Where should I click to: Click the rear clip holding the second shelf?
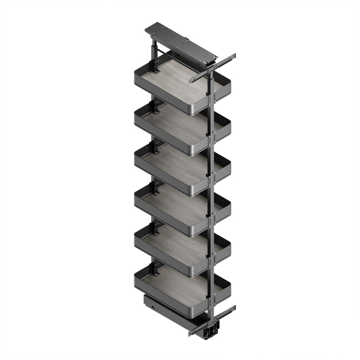155,107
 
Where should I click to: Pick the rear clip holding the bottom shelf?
155,269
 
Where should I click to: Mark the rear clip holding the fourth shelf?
155,188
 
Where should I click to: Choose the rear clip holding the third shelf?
155,148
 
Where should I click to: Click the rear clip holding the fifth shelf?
155,229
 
